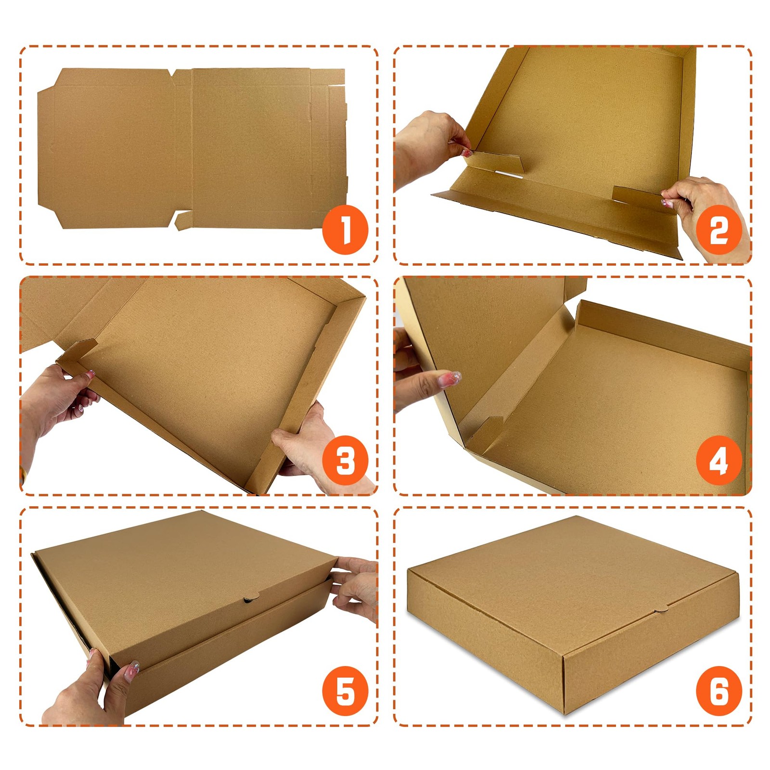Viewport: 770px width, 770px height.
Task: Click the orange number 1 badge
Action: coord(345,230)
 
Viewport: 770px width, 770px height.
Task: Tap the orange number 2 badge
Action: coord(719,230)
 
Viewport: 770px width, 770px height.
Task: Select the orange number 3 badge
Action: coord(345,461)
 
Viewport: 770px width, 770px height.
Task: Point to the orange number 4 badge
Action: coord(719,461)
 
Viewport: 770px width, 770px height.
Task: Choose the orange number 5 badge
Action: coord(345,692)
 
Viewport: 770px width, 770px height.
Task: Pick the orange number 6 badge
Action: coord(719,692)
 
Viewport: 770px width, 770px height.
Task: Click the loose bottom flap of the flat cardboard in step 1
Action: coord(183,220)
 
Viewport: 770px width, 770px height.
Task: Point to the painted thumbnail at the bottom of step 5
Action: coord(131,670)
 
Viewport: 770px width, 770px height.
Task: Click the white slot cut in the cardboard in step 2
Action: coord(509,174)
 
